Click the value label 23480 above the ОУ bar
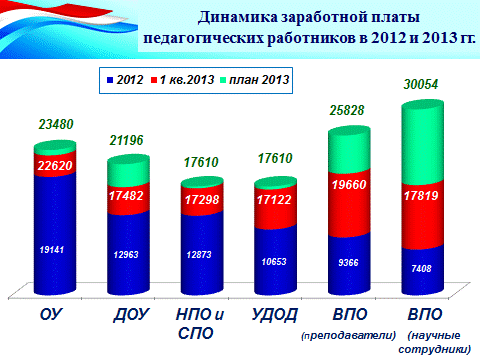56,124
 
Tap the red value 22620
55,165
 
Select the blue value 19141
52,250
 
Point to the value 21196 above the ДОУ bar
126,140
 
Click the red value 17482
126,196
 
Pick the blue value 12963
126,255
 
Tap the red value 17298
202,200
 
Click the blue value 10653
274,262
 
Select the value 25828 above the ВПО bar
347,110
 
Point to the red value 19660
349,184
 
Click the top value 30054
421,84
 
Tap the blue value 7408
421,268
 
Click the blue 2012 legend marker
110,80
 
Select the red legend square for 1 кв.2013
154,80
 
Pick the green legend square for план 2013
223,80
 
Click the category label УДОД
274,315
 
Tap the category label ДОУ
131,315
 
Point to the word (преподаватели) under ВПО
349,335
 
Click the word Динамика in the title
238,17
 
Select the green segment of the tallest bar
423,143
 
